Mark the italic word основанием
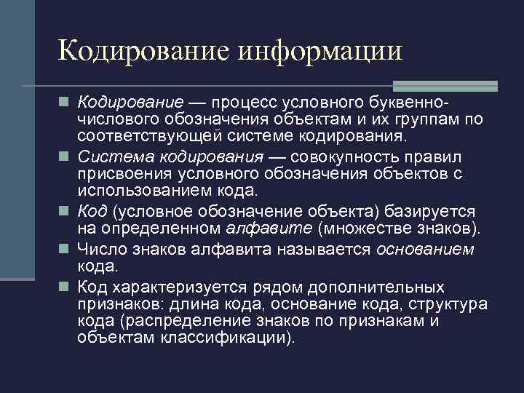(x=426, y=249)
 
